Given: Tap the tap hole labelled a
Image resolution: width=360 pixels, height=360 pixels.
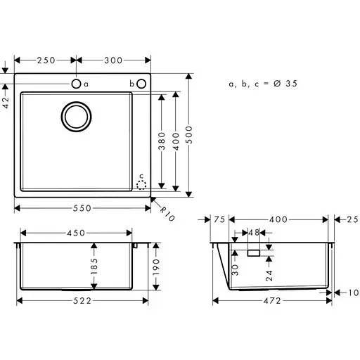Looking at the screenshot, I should point(76,84).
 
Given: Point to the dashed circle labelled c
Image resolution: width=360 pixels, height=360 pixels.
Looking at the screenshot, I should point(141,185).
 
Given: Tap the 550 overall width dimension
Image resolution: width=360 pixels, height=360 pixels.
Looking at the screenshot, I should point(83,207).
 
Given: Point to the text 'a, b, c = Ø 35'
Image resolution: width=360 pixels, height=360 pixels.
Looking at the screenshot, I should point(263,83).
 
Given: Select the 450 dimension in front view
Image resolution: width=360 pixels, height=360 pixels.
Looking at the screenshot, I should point(76,233).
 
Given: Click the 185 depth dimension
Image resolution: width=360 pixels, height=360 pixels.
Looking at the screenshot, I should point(95,266).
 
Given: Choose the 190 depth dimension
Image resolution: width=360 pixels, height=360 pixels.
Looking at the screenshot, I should point(156,267).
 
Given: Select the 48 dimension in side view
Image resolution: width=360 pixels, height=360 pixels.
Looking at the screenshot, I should point(254,232).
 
